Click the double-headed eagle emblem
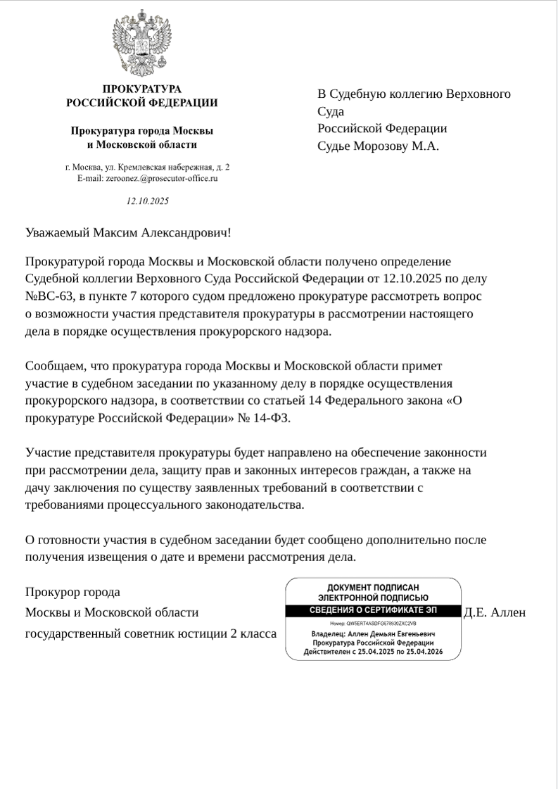142,44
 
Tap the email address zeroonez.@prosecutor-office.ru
162,179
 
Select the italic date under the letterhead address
148,201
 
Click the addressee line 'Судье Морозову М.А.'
378,146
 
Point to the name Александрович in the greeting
186,232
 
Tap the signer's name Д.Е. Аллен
495,613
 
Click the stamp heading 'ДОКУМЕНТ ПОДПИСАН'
373,587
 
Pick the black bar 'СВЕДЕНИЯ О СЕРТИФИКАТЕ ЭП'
373,610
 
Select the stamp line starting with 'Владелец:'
373,634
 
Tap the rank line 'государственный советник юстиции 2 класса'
151,634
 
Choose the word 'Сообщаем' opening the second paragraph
54,366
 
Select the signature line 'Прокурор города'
72,593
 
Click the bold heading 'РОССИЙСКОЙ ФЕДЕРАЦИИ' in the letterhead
142,103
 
